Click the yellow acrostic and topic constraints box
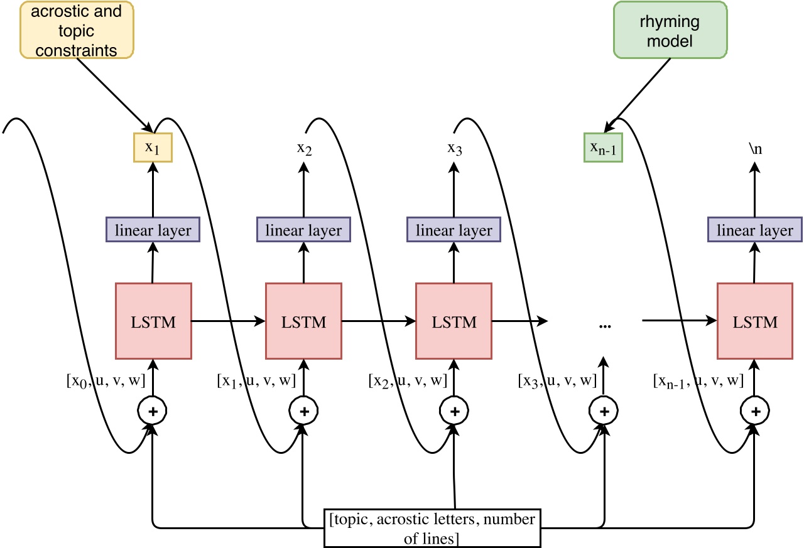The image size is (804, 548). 77,30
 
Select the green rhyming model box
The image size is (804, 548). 670,30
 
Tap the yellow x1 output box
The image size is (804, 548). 153,148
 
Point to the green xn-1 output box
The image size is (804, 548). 604,148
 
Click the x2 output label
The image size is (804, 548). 305,148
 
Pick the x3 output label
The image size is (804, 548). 455,148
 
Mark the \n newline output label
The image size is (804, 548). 755,148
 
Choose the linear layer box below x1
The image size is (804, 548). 153,230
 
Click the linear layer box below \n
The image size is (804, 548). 755,230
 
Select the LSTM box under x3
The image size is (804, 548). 454,321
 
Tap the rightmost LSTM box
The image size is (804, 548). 755,321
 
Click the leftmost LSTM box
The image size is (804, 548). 154,321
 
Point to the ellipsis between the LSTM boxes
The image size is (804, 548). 605,326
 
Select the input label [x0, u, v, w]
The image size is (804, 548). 106,381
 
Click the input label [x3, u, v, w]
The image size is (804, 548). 557,381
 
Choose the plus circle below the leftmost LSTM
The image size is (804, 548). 153,411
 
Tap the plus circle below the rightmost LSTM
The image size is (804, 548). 755,411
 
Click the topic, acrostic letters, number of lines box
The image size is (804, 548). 433,528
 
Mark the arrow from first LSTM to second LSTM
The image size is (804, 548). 228,321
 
